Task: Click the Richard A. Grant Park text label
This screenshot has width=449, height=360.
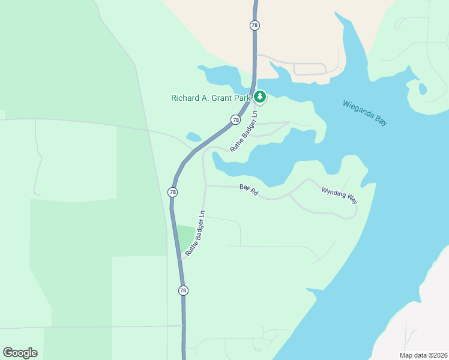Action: pyautogui.click(x=211, y=98)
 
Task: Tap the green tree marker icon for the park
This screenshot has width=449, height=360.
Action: pyautogui.click(x=260, y=97)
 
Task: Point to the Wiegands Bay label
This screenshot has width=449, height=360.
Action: pyautogui.click(x=365, y=112)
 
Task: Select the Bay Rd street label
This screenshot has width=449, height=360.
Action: pyautogui.click(x=249, y=189)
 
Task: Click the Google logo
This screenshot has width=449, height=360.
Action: pyautogui.click(x=20, y=353)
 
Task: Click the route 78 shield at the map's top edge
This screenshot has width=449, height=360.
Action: pyautogui.click(x=255, y=25)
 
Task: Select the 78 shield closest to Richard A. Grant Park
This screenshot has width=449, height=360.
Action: pyautogui.click(x=235, y=120)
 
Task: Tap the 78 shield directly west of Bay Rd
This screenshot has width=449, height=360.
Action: pyautogui.click(x=173, y=192)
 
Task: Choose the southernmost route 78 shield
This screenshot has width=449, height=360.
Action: pyautogui.click(x=183, y=290)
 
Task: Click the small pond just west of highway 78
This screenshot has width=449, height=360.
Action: pyautogui.click(x=194, y=137)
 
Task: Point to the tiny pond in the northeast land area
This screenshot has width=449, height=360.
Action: pyautogui.click(x=423, y=89)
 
